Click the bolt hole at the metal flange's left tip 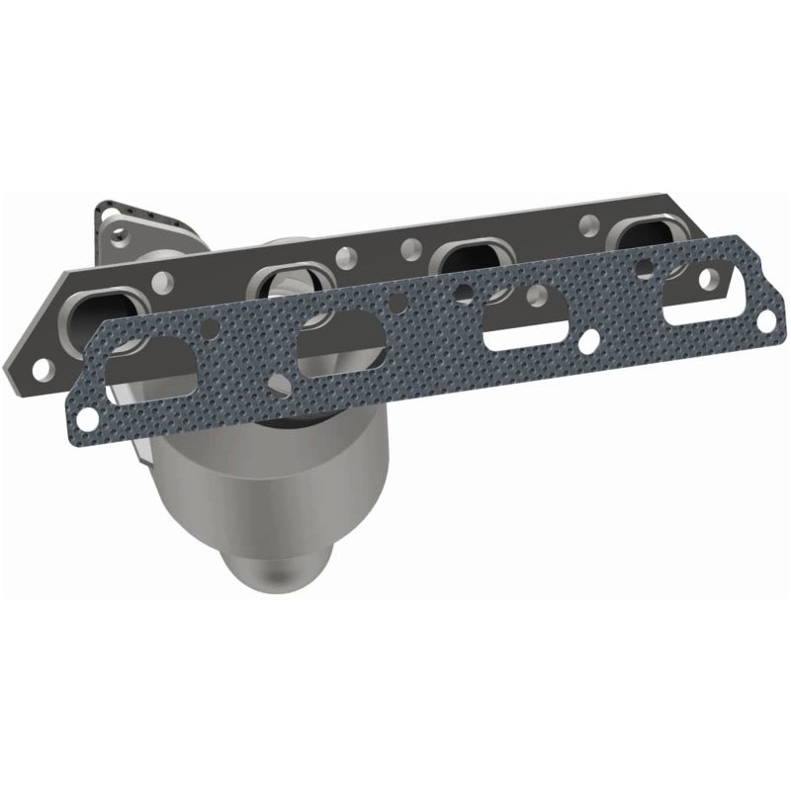(x=43, y=369)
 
